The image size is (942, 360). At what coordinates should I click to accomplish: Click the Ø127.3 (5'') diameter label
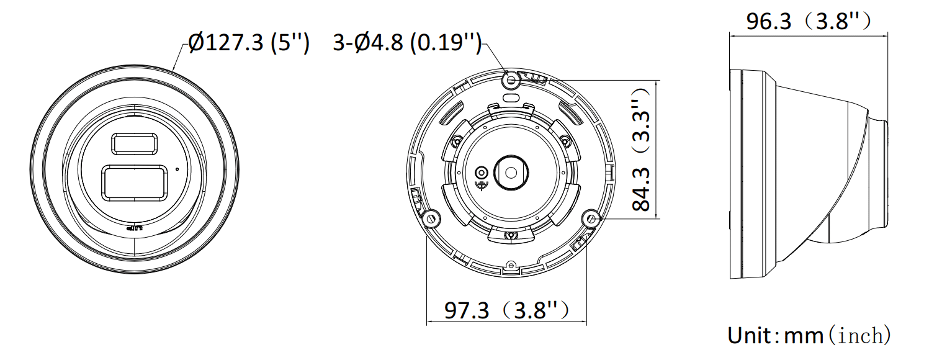[x=249, y=43]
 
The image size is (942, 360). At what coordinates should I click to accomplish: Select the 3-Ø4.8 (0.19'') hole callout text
[x=407, y=43]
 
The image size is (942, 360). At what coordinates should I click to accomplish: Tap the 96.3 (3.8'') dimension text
[x=808, y=21]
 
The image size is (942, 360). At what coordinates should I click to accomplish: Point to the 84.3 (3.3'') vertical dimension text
[x=641, y=149]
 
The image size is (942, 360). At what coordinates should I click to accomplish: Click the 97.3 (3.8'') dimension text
[x=507, y=310]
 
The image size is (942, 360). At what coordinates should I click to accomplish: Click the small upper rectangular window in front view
[x=135, y=144]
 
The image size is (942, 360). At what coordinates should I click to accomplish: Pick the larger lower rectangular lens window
[x=135, y=182]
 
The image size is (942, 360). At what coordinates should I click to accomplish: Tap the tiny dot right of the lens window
[x=177, y=169]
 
